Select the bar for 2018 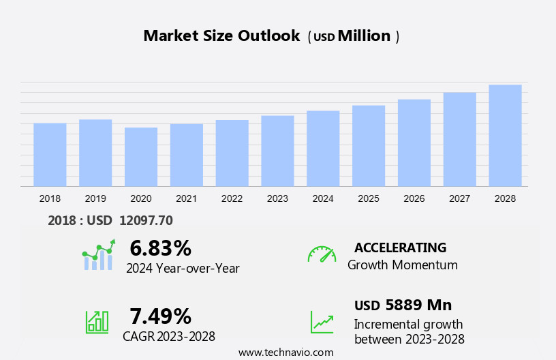(x=50, y=155)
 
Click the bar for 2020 (x=141, y=157)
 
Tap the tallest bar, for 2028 (x=505, y=136)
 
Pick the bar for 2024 (x=323, y=149)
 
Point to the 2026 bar (x=414, y=143)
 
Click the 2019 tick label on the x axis (x=95, y=198)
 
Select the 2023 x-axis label (x=277, y=198)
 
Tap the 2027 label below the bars (x=460, y=198)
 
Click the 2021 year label (x=187, y=198)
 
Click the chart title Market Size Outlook (x=221, y=36)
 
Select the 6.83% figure (x=160, y=248)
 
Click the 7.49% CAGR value (x=160, y=316)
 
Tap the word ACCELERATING (x=400, y=247)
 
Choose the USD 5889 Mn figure (x=403, y=305)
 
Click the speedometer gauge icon (x=322, y=254)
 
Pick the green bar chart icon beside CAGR (x=97, y=321)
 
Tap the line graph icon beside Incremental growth (x=322, y=321)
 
